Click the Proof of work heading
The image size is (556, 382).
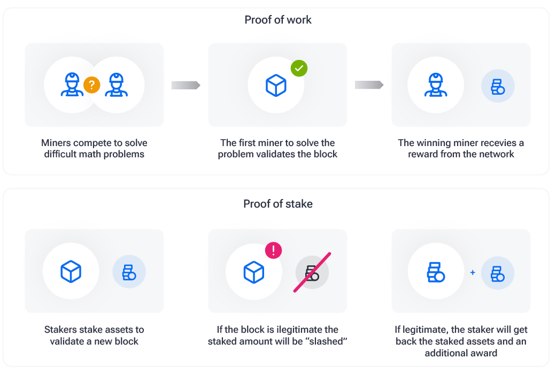click(x=278, y=20)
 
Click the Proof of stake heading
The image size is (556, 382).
click(x=278, y=204)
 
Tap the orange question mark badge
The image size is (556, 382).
click(x=92, y=85)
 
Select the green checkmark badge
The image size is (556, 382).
click(x=299, y=68)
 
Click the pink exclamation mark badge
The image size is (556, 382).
click(x=273, y=250)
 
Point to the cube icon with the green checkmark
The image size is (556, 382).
click(x=276, y=86)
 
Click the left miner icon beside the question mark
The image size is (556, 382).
click(x=71, y=86)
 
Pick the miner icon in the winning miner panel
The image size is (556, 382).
click(x=435, y=86)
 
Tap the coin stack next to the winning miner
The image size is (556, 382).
click(x=498, y=86)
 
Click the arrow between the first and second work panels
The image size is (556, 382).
click(x=186, y=85)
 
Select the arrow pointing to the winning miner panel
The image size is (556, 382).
click(x=369, y=85)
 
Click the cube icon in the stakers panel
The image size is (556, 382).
click(x=71, y=271)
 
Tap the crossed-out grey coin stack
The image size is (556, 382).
click(x=312, y=272)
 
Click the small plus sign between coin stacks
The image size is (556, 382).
click(x=473, y=273)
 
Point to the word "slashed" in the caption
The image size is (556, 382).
click(x=327, y=341)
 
